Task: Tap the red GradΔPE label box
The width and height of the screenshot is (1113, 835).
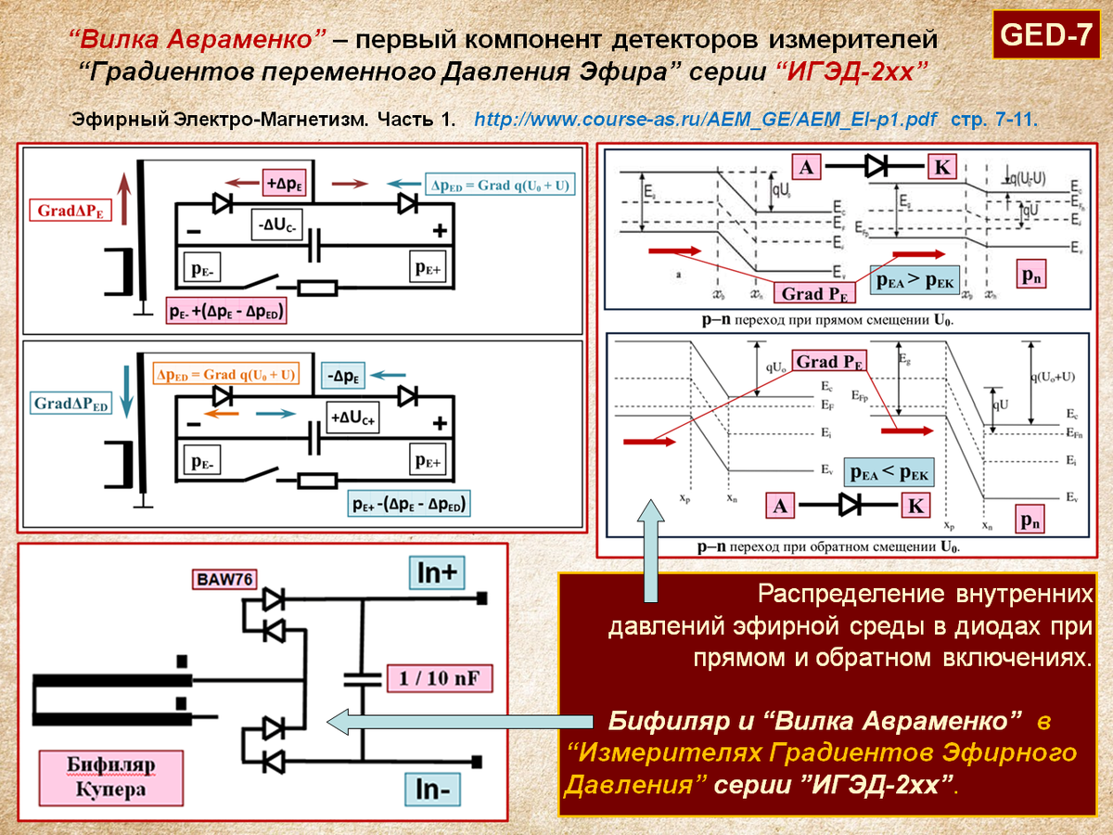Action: point(70,212)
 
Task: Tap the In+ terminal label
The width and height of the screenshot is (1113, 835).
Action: point(438,573)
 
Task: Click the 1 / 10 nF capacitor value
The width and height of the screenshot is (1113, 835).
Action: point(439,678)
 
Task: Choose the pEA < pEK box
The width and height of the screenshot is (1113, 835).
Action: point(889,472)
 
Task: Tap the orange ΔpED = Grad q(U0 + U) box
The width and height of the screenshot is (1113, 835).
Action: point(226,375)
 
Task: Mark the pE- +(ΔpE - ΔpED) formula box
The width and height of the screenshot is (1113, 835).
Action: point(226,312)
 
